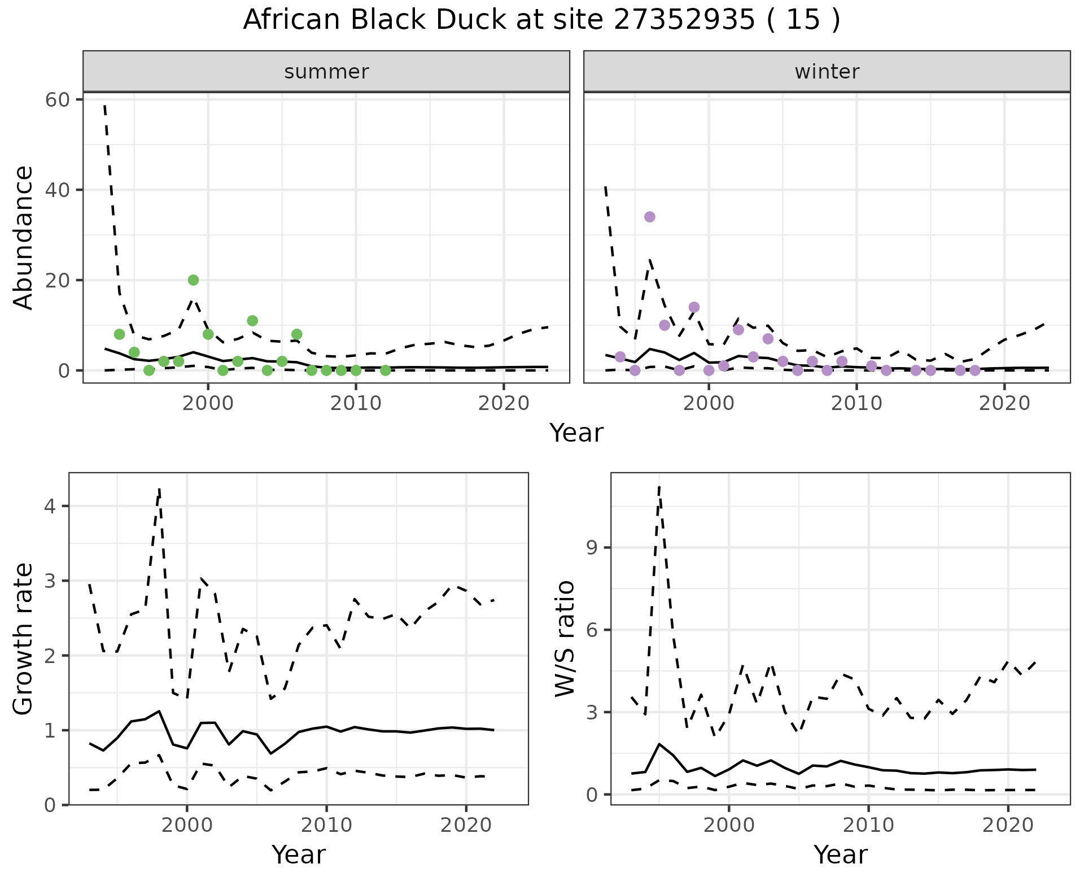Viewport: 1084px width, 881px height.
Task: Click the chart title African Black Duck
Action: point(541,20)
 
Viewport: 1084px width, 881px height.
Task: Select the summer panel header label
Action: point(326,72)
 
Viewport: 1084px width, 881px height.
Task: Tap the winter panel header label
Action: point(827,72)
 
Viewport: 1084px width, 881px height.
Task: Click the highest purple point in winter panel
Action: point(649,217)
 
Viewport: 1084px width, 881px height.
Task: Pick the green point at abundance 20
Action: point(193,280)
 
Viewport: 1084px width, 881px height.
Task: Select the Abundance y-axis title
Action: point(24,237)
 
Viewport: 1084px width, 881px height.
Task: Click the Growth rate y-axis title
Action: point(24,639)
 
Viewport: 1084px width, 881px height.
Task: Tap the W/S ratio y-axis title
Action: point(565,639)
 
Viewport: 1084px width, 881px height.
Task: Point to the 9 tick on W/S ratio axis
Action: point(592,548)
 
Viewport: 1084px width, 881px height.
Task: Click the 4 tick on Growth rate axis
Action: point(50,506)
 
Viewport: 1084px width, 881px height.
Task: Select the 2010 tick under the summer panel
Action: point(356,403)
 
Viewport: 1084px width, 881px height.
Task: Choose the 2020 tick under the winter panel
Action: point(1004,403)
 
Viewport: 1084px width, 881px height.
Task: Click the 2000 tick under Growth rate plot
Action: point(187,825)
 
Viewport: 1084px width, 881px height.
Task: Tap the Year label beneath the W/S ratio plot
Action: point(840,854)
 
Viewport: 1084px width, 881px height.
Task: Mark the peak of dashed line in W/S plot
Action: point(659,487)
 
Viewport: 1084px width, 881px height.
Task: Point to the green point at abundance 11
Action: point(252,321)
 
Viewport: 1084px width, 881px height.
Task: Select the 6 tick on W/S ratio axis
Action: point(592,630)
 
